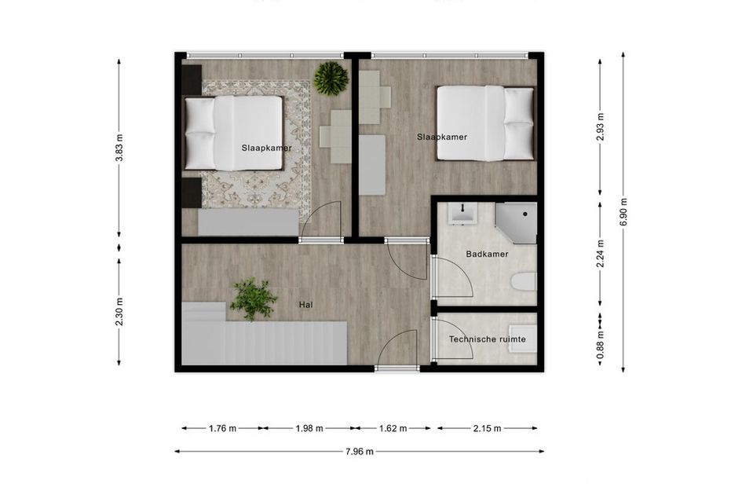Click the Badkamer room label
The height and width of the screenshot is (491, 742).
click(487, 255)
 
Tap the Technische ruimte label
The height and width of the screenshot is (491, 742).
click(487, 339)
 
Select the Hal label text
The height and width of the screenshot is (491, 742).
click(305, 305)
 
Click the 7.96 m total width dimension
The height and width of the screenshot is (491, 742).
click(359, 451)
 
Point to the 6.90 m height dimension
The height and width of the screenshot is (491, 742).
click(623, 211)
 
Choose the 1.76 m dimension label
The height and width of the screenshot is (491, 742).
click(222, 428)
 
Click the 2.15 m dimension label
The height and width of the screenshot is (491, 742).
click(487, 428)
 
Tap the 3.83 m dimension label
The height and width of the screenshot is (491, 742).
click(119, 148)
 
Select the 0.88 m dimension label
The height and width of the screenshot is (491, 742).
click(600, 344)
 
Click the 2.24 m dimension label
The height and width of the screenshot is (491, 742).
click(600, 254)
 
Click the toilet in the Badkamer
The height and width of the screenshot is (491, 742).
click(524, 282)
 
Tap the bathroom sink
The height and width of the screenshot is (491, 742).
click(462, 214)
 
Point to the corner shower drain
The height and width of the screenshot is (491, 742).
click(525, 214)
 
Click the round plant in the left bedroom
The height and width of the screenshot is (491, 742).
click(331, 79)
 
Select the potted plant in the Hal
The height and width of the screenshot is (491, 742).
click(253, 299)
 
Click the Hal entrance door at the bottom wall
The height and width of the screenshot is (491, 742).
click(397, 350)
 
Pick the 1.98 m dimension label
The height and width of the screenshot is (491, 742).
click(309, 428)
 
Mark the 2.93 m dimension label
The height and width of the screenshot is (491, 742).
click(600, 126)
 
